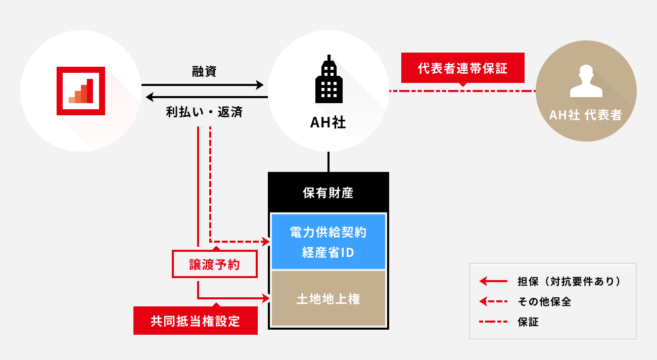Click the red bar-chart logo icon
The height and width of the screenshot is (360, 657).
[x=81, y=91]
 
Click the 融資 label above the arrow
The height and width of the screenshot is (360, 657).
[x=204, y=71]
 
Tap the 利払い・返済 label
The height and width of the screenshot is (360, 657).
[x=204, y=112]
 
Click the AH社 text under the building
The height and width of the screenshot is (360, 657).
[x=329, y=123]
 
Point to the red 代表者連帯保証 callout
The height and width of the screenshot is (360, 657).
[x=462, y=68]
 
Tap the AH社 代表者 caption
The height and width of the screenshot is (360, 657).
[x=586, y=115]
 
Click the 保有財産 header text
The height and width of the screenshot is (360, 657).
[x=329, y=193]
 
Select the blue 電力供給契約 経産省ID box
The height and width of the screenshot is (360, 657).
[x=329, y=242]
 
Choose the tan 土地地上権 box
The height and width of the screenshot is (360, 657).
[x=329, y=299]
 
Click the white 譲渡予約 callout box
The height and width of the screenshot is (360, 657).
[x=214, y=264]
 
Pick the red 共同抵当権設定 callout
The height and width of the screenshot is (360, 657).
[x=195, y=321]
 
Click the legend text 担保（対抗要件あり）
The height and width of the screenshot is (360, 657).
[x=569, y=281]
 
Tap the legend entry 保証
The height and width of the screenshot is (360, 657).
[x=528, y=322]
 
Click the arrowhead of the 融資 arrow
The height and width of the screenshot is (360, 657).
[x=260, y=84]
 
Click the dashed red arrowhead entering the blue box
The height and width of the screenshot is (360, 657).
[x=267, y=242]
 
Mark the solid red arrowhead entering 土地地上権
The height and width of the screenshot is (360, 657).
[x=267, y=299]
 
